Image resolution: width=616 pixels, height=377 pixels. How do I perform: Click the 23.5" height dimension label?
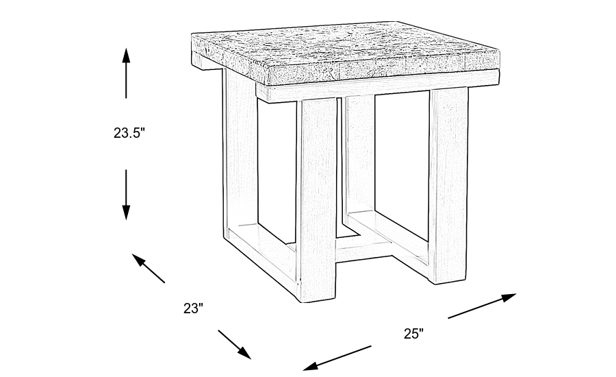click(130, 134)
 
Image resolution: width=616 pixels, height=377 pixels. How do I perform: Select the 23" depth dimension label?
click(194, 308)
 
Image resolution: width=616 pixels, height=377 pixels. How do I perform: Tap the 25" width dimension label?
click(413, 334)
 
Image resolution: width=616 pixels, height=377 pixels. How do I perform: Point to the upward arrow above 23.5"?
click(126, 73)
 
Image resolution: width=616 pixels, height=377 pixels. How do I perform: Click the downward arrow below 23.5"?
click(126, 195)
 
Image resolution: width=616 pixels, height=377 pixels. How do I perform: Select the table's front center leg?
click(318, 199)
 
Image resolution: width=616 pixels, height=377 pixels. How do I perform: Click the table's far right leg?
click(448, 185)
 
